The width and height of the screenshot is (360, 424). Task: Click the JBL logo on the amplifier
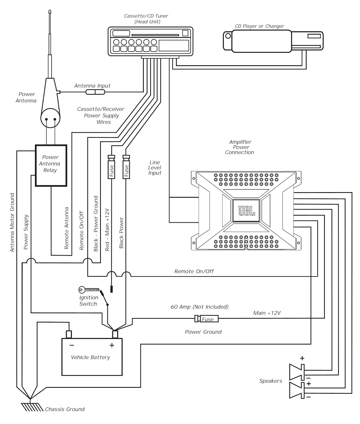pos(246,211)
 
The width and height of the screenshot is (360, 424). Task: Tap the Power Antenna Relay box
pos(51,165)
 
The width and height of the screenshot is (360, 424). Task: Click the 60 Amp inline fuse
pos(207,319)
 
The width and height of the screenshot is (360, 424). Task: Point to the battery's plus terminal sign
pos(112,345)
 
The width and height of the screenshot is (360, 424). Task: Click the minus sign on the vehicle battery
pos(72,345)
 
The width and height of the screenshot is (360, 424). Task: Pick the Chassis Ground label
pos(65,409)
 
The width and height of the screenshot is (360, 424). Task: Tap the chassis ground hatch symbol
pos(32,407)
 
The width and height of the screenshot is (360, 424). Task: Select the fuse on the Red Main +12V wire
pos(111,167)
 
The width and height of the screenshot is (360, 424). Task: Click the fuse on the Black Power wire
pos(126,167)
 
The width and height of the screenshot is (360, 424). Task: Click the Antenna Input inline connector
pos(95,92)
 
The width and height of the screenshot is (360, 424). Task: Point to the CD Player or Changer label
pos(259,26)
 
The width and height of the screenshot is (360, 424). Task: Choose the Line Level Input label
pos(155,167)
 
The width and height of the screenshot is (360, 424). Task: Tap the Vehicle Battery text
pos(91,357)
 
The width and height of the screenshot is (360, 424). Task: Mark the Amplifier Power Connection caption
pos(240,147)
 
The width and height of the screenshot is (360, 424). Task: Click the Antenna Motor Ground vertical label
pos(12,222)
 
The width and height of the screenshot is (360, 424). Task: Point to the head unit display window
pos(174,45)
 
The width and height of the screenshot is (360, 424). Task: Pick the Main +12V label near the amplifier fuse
pos(267,313)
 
